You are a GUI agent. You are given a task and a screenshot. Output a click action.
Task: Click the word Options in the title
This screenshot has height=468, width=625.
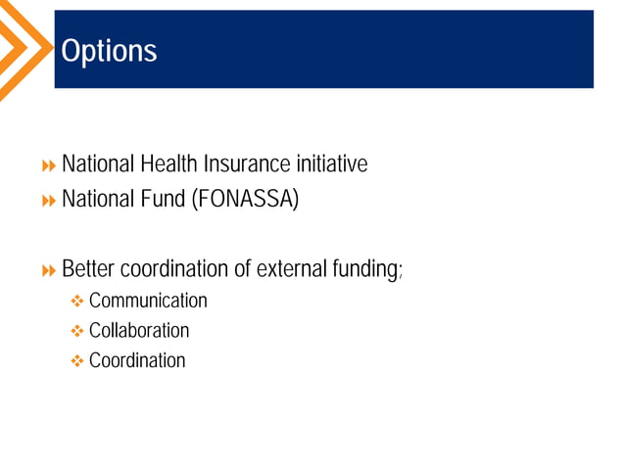pyautogui.click(x=109, y=51)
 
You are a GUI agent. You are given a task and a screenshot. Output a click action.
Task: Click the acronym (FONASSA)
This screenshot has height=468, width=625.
pyautogui.click(x=246, y=201)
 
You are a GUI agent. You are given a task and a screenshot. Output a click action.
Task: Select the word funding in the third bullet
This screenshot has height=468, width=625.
pyautogui.click(x=367, y=268)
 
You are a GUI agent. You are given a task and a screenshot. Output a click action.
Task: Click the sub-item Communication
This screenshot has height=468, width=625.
pyautogui.click(x=148, y=301)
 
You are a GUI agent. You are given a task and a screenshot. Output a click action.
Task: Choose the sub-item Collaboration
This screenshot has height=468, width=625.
pyautogui.click(x=139, y=330)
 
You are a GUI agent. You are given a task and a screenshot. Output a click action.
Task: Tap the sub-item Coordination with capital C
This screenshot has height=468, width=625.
pyautogui.click(x=137, y=360)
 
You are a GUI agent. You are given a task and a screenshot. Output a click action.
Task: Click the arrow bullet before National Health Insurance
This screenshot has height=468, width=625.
pyautogui.click(x=48, y=164)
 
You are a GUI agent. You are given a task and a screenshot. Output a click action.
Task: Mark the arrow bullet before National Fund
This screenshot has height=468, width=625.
pyautogui.click(x=48, y=202)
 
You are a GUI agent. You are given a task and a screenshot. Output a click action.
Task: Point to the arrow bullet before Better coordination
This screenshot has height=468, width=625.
pyautogui.click(x=48, y=269)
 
